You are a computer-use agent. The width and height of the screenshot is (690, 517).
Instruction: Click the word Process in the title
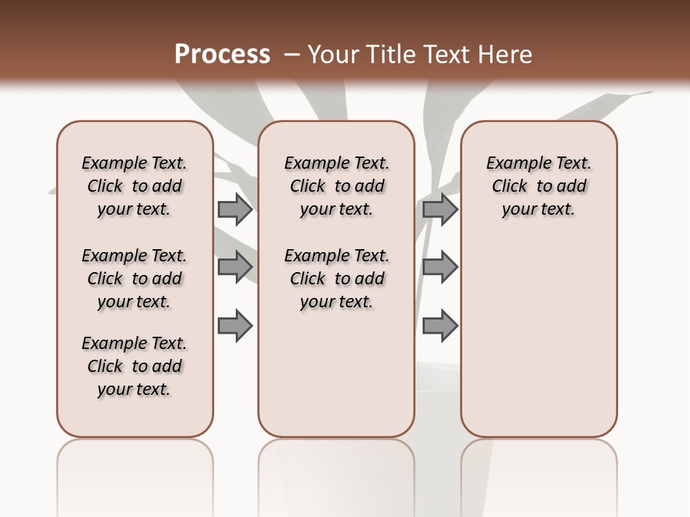tap(222, 54)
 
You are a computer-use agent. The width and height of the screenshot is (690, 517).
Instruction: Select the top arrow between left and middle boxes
tap(235, 209)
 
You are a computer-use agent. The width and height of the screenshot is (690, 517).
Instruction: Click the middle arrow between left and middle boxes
tap(235, 266)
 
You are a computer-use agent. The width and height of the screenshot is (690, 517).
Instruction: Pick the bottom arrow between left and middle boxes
tap(235, 326)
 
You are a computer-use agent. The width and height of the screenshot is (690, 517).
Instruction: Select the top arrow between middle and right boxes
tap(440, 209)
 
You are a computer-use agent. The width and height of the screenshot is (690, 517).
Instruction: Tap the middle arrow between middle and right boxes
tap(440, 266)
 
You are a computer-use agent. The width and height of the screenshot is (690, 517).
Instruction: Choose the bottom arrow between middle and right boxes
tap(440, 326)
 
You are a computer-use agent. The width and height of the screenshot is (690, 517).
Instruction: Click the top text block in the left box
tap(134, 186)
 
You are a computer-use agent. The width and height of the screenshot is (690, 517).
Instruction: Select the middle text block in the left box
tap(134, 279)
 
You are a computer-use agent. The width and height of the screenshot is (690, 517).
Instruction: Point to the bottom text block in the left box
tap(134, 366)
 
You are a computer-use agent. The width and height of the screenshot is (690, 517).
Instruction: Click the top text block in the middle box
tap(336, 186)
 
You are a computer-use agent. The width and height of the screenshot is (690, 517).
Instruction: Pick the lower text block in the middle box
tap(336, 279)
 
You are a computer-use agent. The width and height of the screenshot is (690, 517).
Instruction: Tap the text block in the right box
tap(539, 186)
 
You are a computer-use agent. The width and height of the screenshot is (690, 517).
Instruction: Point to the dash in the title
tap(292, 55)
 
